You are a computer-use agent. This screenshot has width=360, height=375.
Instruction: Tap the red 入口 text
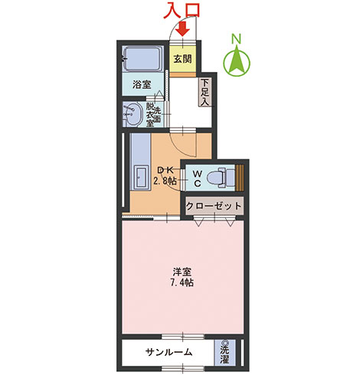(182, 11)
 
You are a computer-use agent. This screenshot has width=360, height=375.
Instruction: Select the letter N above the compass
(237, 39)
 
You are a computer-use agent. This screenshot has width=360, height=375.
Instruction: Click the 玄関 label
(182, 59)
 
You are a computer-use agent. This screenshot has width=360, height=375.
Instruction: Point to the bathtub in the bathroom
(142, 59)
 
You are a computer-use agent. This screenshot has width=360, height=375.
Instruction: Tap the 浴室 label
(142, 84)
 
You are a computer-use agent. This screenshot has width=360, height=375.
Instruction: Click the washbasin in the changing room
(133, 114)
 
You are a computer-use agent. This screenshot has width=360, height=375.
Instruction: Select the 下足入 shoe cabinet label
(205, 93)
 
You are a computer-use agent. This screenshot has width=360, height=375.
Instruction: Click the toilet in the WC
(220, 178)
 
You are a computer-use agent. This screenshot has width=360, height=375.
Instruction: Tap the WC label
(198, 178)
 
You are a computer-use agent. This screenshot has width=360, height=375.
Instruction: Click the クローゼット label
(214, 206)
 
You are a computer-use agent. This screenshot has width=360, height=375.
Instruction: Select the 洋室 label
(182, 272)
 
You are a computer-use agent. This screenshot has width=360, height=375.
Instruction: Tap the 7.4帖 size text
(182, 282)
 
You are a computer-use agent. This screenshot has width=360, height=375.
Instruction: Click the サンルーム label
(169, 352)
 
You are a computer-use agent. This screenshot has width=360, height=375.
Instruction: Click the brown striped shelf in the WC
(240, 178)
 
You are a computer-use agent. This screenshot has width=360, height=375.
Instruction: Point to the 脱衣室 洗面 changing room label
(153, 115)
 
